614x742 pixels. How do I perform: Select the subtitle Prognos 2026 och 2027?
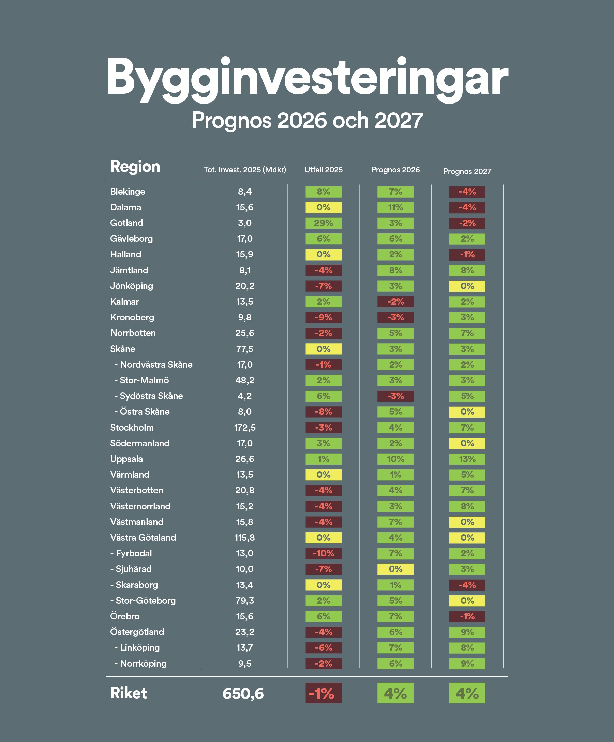[307, 120]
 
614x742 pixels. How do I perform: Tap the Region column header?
[135, 167]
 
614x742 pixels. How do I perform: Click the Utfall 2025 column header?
[323, 170]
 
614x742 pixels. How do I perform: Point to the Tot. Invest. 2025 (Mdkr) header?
[244, 170]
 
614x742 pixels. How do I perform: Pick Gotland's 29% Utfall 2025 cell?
[323, 223]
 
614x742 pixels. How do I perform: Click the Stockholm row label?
[132, 428]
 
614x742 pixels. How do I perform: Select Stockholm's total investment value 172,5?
[244, 428]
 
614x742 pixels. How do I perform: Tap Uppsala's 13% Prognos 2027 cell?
[467, 459]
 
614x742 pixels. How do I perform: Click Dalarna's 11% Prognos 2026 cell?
[395, 207]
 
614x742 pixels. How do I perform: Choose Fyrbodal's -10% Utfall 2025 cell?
[323, 553]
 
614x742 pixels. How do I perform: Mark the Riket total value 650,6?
[243, 693]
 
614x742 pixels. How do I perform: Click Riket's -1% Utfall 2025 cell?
[323, 693]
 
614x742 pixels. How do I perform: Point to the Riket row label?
[129, 693]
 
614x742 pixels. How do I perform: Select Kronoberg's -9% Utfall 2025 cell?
[323, 317]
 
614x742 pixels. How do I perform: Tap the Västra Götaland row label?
[143, 537]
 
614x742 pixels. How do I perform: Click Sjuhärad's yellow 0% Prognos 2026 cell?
[395, 569]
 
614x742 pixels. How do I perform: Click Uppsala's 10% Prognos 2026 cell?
[395, 459]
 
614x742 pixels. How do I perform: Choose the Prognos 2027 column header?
[467, 171]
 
